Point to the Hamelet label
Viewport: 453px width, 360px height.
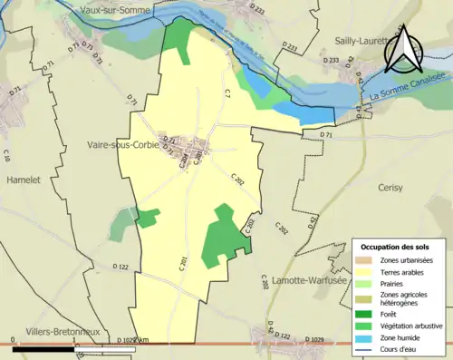tap(24, 180)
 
